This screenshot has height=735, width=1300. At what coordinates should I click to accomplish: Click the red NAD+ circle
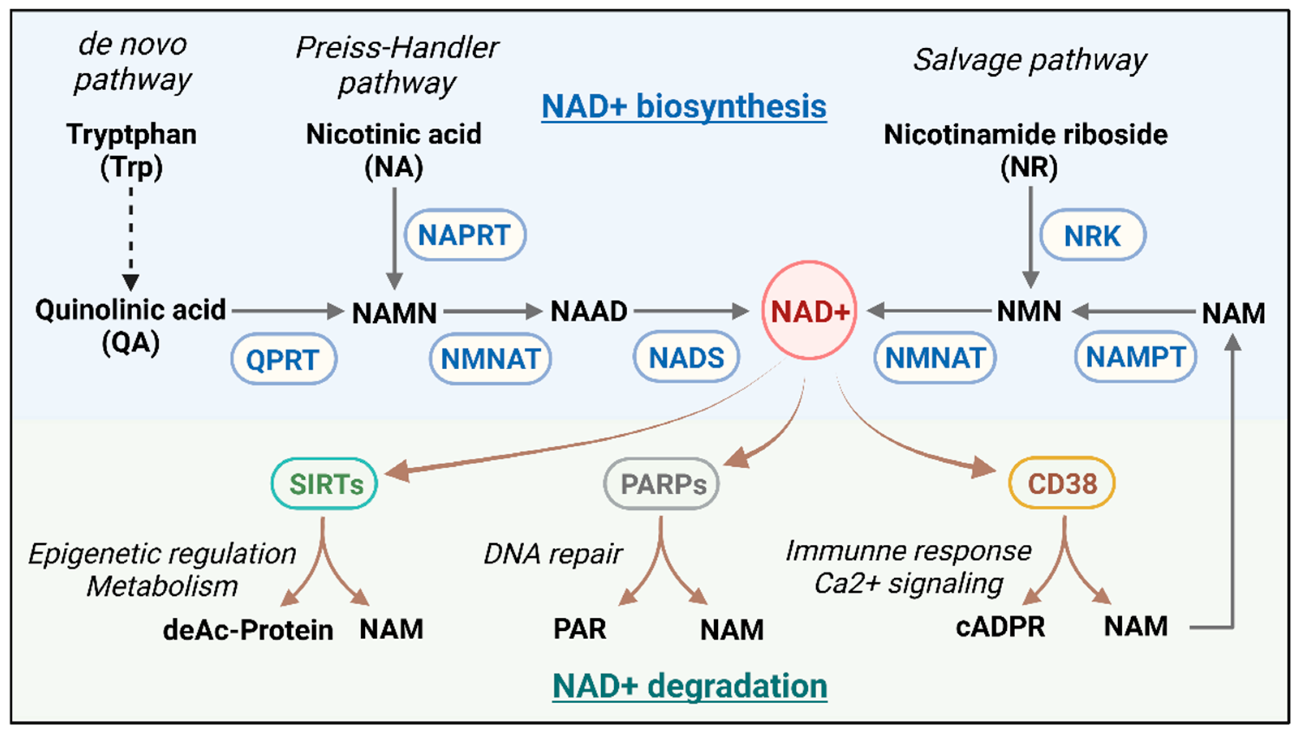pos(809,310)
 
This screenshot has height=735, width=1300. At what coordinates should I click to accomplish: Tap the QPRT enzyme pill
pos(284,359)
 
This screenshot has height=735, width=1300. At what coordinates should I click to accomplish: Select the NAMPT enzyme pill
pos(1135,357)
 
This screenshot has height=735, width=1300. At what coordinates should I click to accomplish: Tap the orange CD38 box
pos(1062,483)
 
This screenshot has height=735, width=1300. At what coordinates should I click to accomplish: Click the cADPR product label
pos(1000,627)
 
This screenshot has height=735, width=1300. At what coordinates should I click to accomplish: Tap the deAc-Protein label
pos(248,629)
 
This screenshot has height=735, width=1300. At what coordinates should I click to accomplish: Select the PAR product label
pos(579,629)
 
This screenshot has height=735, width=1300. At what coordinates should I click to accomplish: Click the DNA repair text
pos(553,554)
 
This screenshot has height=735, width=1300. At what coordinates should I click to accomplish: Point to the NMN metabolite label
pos(1029,311)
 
